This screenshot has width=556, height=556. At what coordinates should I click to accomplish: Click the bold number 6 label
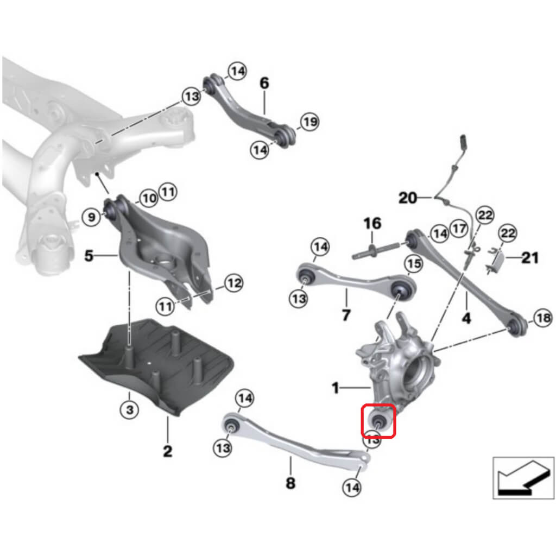click(x=264, y=83)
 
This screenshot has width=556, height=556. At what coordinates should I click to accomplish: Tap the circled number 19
click(x=309, y=122)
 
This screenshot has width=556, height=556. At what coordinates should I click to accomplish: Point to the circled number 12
click(x=233, y=283)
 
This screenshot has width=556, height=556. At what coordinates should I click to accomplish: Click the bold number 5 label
click(x=89, y=255)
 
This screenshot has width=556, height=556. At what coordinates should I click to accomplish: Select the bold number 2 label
click(x=167, y=450)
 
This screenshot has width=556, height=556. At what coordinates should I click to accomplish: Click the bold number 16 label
click(x=372, y=223)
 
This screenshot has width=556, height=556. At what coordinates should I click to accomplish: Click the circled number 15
click(x=414, y=264)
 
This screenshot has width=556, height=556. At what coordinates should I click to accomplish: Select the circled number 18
click(x=543, y=319)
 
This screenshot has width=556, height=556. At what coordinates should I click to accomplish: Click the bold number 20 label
click(x=408, y=198)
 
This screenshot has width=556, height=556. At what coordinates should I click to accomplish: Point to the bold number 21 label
click(x=530, y=257)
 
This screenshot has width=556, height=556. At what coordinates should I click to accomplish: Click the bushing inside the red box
click(x=378, y=420)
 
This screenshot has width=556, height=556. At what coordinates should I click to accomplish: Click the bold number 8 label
click(x=290, y=482)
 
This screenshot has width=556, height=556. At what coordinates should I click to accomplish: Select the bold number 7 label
click(x=346, y=314)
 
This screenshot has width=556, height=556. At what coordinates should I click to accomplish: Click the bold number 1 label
click(x=336, y=388)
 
